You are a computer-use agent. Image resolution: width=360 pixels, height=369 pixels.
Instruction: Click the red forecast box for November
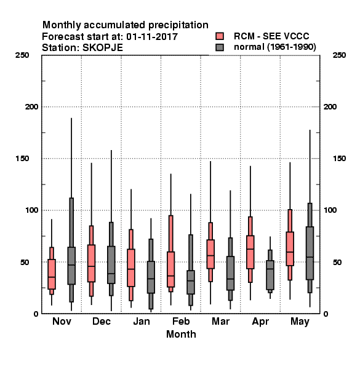pyautogui.click(x=52, y=274)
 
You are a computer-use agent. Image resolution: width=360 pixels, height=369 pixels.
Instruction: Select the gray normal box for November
pyautogui.click(x=71, y=266)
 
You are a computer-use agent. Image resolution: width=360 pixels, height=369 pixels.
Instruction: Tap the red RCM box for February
pyautogui.click(x=171, y=269)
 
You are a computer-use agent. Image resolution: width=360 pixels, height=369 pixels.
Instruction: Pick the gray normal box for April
pyautogui.click(x=270, y=275)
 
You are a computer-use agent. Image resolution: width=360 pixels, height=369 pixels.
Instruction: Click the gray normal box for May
pyautogui.click(x=310, y=253)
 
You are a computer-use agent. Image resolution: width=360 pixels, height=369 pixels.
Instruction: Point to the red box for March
pyautogui.click(x=210, y=254)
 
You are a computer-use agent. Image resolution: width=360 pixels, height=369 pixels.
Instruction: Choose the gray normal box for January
pyautogui.click(x=151, y=277)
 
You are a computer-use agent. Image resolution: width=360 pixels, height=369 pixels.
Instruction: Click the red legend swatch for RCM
pyautogui.click(x=220, y=36)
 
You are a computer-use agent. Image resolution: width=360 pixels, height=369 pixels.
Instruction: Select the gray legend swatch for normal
pyautogui.click(x=220, y=47)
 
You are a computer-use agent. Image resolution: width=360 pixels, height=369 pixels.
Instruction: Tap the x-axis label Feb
pyautogui.click(x=181, y=321)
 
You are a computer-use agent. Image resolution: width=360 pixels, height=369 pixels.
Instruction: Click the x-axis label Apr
pyautogui.click(x=260, y=322)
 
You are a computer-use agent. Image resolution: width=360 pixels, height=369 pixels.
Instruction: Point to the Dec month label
pyautogui.click(x=102, y=321)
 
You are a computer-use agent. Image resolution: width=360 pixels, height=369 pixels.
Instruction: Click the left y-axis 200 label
pyautogui.click(x=31, y=107)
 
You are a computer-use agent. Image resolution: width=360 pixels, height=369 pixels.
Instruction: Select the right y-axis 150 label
pyautogui.click(x=339, y=159)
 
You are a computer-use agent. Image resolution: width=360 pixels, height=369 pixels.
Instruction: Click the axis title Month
pyautogui.click(x=181, y=334)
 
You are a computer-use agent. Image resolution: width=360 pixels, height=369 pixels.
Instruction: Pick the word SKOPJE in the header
pyautogui.click(x=102, y=48)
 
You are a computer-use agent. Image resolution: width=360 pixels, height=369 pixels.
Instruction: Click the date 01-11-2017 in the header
pyautogui.click(x=152, y=37)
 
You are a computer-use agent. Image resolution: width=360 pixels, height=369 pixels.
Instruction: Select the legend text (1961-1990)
pyautogui.click(x=292, y=47)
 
